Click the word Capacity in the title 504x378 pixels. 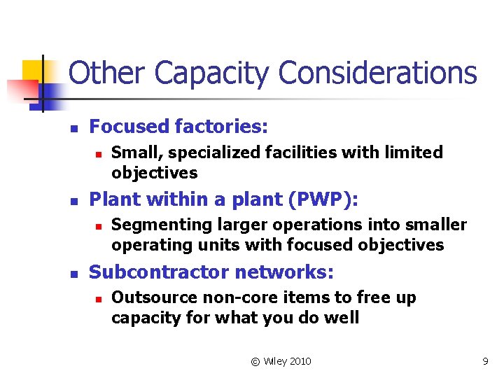pyautogui.click(x=212, y=73)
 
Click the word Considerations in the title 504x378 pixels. pyautogui.click(x=377, y=73)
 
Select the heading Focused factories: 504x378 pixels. pyautogui.click(x=178, y=127)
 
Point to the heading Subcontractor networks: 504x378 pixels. pyautogui.click(x=211, y=272)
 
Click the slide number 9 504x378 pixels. pyautogui.click(x=484, y=361)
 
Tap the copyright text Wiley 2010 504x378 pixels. pyautogui.click(x=281, y=361)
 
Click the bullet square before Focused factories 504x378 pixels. pyautogui.click(x=72, y=128)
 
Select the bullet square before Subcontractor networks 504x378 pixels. pyautogui.click(x=72, y=274)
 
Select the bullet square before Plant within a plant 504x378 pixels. pyautogui.click(x=72, y=201)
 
